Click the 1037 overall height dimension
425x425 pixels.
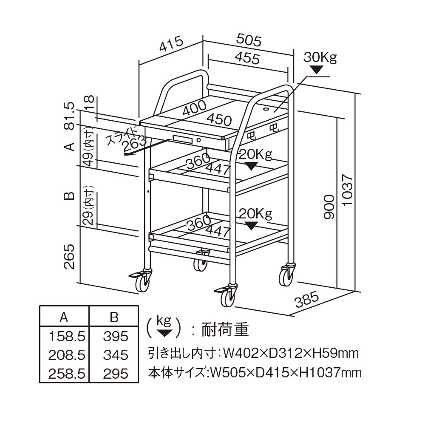pos(347,190)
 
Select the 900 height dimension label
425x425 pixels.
pos(329,208)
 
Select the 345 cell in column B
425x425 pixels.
pos(115,355)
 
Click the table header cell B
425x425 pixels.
pos(114,317)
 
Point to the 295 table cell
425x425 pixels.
pos(115,374)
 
